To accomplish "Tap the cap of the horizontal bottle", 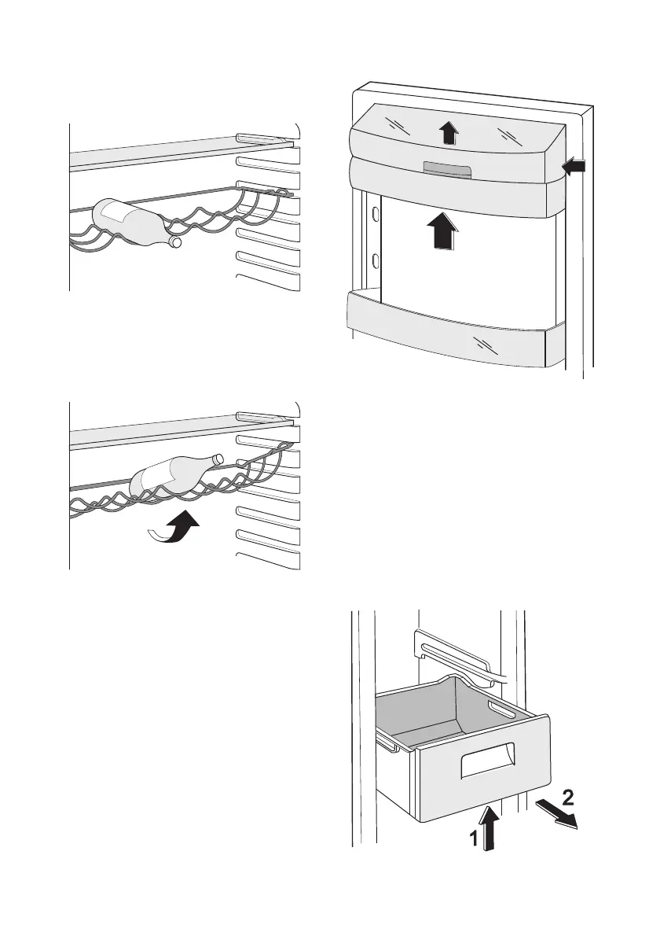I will [x=176, y=243].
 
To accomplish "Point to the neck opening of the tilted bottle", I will [x=218, y=459].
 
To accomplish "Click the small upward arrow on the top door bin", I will [x=448, y=133].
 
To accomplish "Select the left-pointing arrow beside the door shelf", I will [x=575, y=166].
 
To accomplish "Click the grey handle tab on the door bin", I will [x=445, y=169].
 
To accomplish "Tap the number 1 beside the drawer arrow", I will [x=475, y=839].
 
